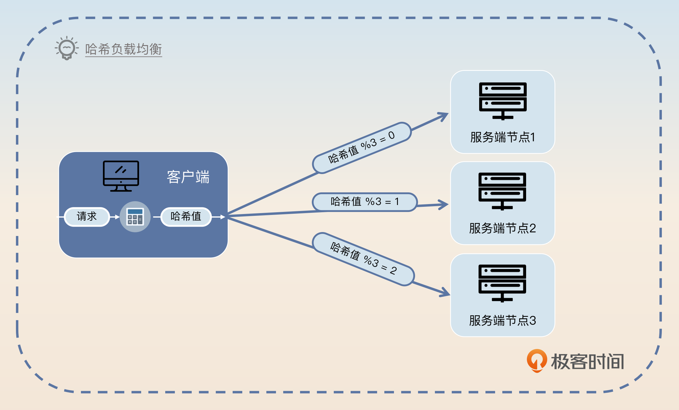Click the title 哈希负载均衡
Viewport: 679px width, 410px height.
point(123,49)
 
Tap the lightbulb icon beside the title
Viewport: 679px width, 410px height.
point(67,48)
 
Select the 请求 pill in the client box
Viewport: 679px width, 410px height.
point(87,216)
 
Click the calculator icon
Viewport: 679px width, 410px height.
point(135,216)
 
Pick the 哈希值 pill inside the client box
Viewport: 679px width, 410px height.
point(186,216)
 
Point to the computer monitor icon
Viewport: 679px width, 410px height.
point(121,176)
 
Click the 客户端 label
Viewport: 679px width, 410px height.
point(188,177)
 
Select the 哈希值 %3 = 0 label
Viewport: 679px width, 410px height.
point(361,148)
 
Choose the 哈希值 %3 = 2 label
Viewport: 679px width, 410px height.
point(363,259)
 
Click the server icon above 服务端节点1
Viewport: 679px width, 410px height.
point(503,101)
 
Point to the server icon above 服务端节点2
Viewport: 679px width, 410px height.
point(502,191)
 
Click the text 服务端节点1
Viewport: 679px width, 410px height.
point(503,137)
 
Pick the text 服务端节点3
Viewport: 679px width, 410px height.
point(503,320)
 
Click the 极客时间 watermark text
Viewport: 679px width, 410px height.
point(587,361)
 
